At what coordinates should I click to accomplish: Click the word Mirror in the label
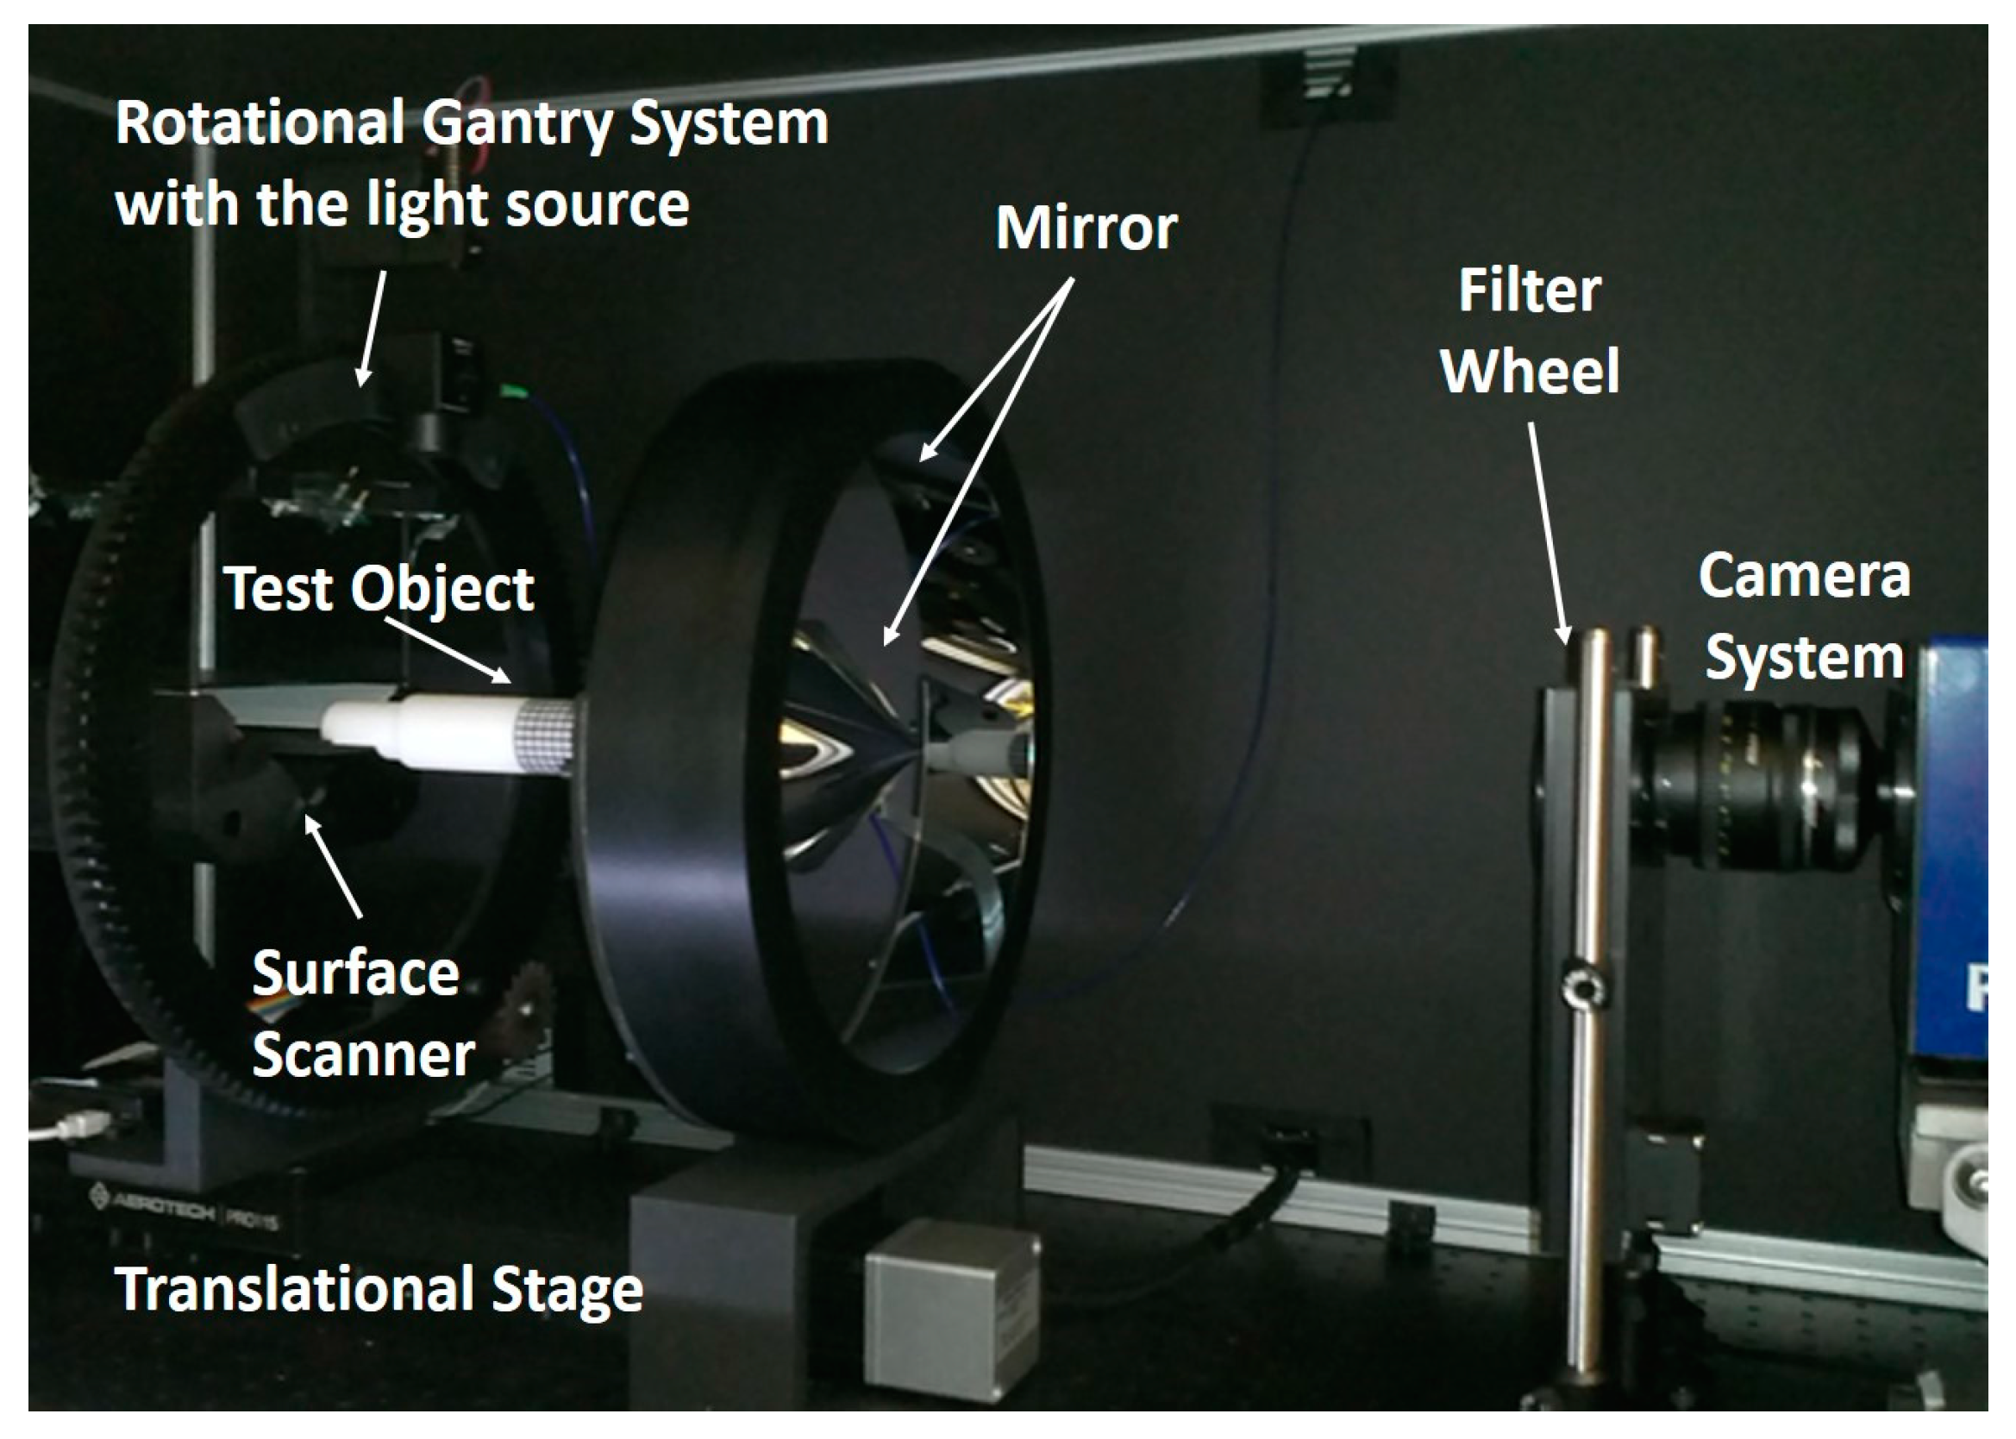(1086, 228)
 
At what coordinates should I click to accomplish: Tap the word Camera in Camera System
(1804, 576)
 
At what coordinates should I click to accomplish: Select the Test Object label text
(379, 588)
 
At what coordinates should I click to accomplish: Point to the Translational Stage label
(379, 1289)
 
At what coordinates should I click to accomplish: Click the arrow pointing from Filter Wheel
(1548, 532)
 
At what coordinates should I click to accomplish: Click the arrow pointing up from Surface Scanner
(332, 865)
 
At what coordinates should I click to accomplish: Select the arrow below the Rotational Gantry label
(373, 328)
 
